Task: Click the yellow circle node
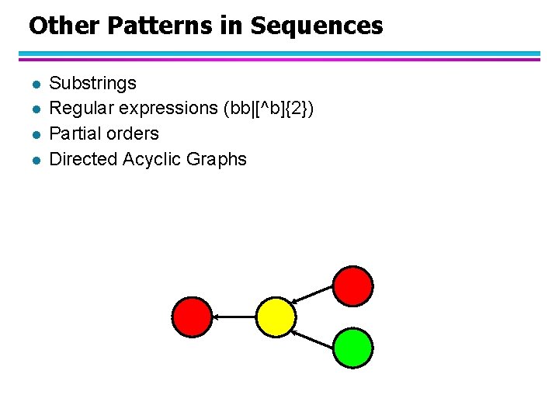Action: coord(276,317)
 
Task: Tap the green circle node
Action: coord(353,348)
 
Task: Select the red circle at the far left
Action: coord(192,317)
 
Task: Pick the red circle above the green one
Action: coord(353,285)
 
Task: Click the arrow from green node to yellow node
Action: coord(314,338)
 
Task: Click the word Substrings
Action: coord(92,83)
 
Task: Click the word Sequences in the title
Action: coord(317,26)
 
